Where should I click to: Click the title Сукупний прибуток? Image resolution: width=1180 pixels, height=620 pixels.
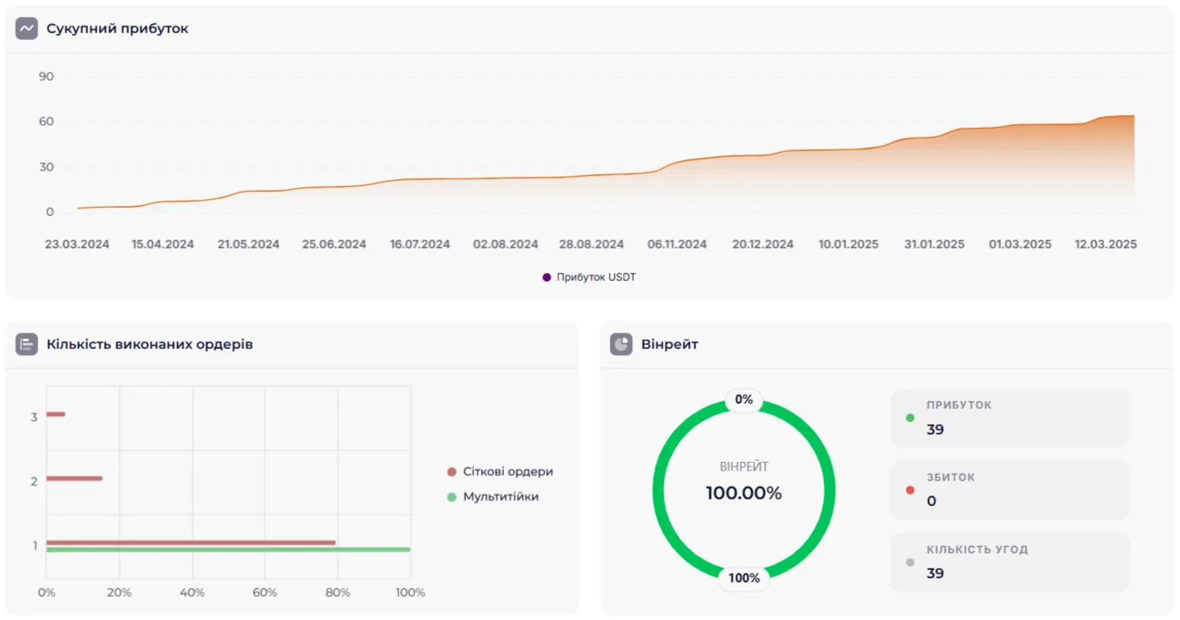[117, 28]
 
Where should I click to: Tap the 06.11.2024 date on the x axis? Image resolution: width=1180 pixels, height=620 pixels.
[677, 244]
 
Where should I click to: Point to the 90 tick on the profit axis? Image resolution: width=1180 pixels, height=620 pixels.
[46, 76]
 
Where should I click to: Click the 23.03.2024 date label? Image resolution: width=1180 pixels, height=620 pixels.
[77, 244]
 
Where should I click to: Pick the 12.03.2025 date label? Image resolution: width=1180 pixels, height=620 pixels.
[1105, 244]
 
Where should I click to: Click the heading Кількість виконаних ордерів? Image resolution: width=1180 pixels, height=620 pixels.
[150, 344]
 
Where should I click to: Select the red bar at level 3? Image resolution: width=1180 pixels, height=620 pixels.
[56, 414]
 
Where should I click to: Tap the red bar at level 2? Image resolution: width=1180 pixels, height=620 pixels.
[74, 478]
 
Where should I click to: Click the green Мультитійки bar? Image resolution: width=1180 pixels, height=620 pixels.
[228, 549]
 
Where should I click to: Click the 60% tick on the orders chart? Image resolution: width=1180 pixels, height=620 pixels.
[264, 593]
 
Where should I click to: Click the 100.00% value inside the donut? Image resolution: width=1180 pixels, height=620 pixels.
[743, 493]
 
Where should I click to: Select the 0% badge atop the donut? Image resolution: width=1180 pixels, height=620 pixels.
[743, 400]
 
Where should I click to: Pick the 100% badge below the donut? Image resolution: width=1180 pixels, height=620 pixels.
[743, 578]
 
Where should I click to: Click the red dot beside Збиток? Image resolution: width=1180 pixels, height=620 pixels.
[910, 490]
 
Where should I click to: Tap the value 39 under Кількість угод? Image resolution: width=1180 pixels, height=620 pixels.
[936, 573]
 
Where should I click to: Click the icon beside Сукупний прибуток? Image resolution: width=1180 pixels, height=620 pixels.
[27, 28]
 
